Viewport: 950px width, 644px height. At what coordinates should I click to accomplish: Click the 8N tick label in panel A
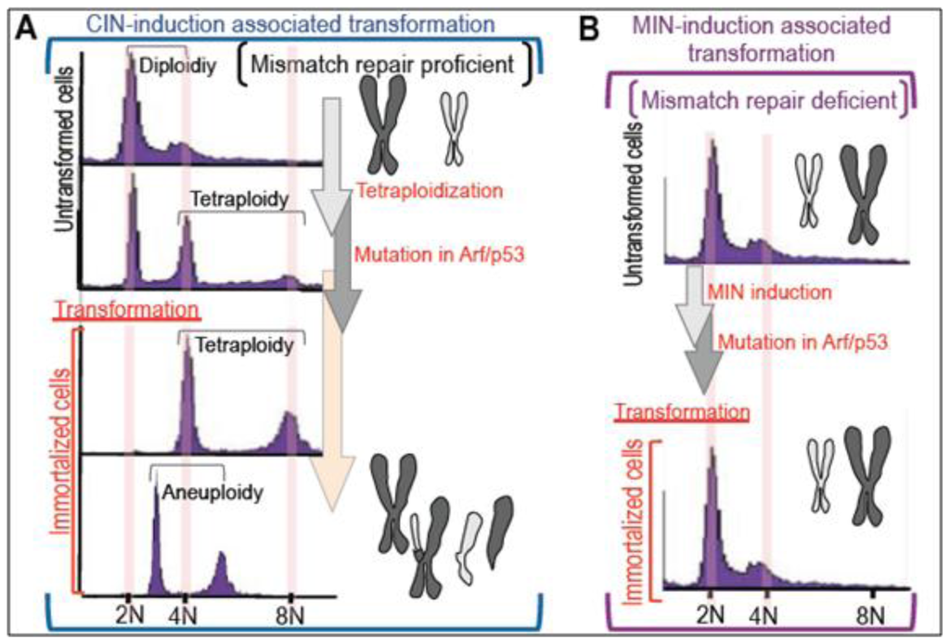(290, 615)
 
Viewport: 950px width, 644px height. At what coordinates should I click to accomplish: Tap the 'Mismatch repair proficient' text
(384, 64)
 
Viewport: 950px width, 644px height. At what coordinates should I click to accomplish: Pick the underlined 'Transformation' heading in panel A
(127, 308)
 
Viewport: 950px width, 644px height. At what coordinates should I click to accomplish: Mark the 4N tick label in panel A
(184, 615)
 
